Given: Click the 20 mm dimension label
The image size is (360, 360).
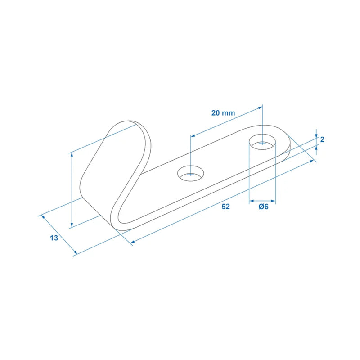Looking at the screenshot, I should pos(223,113).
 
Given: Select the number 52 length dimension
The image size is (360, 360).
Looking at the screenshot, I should pos(226,207).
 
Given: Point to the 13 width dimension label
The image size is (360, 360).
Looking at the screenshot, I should pos(54,238).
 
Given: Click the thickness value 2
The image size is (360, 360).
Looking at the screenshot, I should pos(322,139).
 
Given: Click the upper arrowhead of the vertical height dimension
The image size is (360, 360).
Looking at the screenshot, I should pos(72,154).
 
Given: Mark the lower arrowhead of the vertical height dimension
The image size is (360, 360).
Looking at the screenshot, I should pos(72,225).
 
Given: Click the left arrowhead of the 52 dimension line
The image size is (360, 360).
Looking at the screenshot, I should pos(132,243).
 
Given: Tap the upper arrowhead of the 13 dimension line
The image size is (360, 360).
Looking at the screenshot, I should pos(43,216).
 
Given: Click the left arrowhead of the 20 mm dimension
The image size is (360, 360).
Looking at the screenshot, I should pos(192,135).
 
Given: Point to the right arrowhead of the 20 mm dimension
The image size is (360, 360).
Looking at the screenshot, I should pos(261,108).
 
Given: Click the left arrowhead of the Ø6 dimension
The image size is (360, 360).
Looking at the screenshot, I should pos(251,201).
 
